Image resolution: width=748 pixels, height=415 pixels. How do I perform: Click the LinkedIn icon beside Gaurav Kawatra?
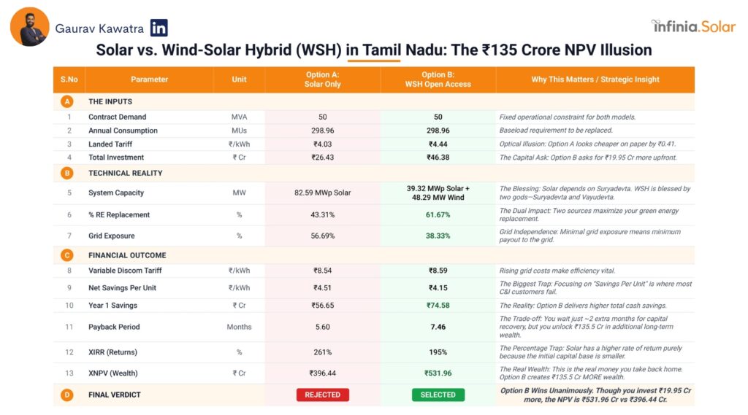(159, 28)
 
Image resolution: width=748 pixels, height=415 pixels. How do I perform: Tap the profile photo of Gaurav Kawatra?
(30, 27)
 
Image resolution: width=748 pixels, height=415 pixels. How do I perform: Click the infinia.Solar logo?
(693, 26)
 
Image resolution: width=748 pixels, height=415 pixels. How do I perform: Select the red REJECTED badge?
(322, 395)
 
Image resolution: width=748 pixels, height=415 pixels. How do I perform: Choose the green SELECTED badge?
(438, 395)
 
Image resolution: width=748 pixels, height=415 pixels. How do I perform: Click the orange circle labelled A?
(68, 101)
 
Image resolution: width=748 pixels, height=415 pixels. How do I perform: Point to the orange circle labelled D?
(68, 395)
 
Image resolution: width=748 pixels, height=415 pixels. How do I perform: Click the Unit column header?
(239, 79)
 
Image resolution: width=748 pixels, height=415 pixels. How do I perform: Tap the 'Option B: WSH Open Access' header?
(438, 79)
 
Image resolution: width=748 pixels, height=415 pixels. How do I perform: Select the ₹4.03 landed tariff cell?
(322, 144)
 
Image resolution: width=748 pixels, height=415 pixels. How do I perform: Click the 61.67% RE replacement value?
(438, 215)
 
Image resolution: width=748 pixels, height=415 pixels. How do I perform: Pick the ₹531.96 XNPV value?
(438, 373)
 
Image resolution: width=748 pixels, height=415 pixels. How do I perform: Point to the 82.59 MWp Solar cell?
(322, 193)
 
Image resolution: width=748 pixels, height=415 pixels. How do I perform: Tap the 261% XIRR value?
(322, 352)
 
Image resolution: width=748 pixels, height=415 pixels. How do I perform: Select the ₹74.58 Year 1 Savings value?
(438, 306)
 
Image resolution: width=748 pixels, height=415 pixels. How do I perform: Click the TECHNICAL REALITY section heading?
(125, 174)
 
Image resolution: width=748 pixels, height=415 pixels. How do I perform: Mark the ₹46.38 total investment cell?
(438, 158)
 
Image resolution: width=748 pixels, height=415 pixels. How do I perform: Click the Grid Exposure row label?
(112, 236)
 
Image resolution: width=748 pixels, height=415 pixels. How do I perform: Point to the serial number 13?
(69, 373)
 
